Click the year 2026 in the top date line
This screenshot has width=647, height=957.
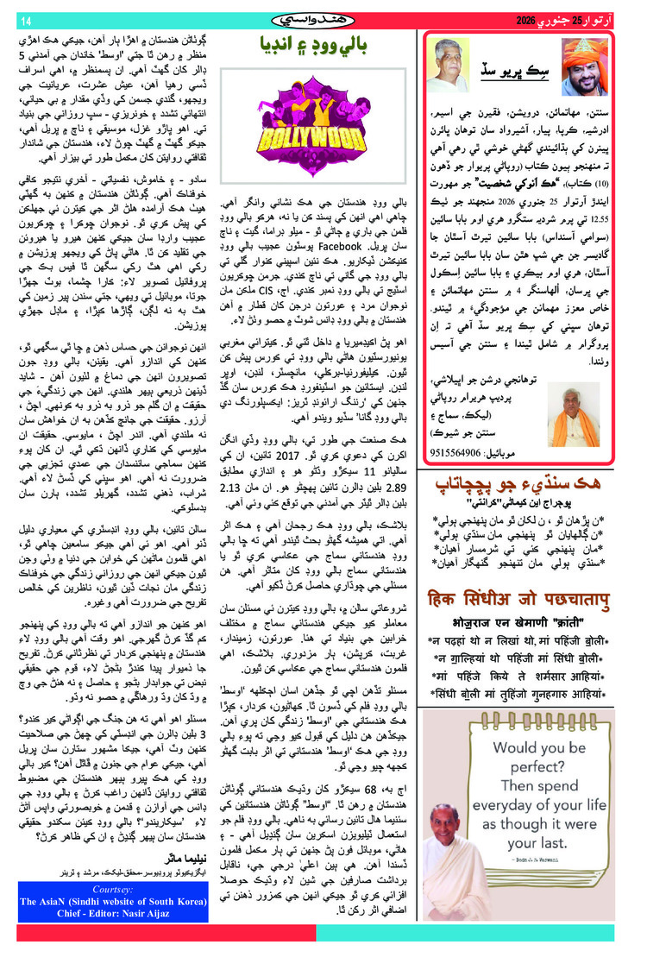(529, 20)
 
